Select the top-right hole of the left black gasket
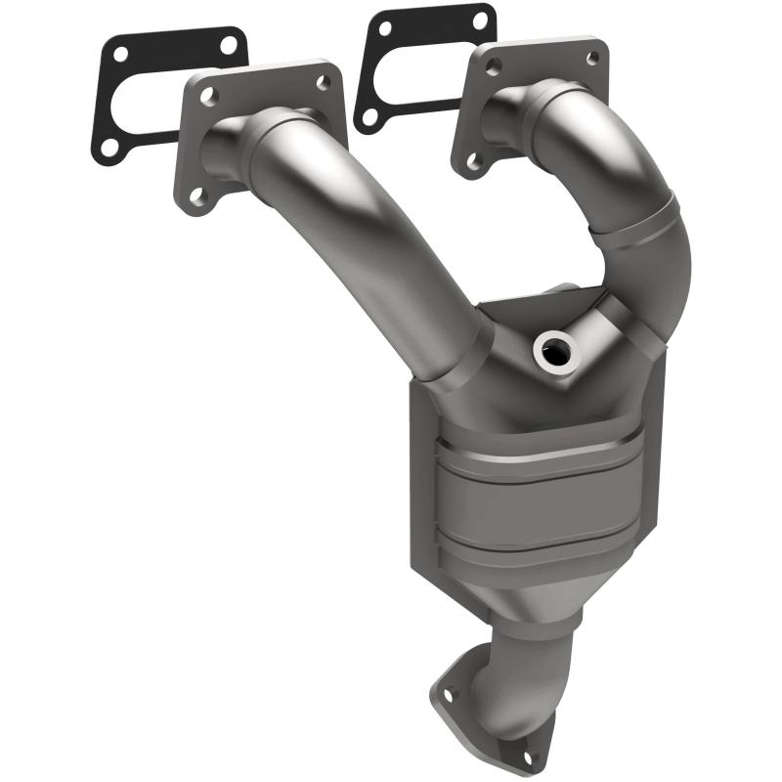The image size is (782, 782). pos(228,44)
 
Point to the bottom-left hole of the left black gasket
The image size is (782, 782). pos(109,147)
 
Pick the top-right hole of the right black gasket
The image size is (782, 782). pos(480,19)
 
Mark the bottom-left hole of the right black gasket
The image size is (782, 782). pos(369,115)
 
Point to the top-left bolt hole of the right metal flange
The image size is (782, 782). pos(493,65)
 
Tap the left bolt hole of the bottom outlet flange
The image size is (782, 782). pos(448,694)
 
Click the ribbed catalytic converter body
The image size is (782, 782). pos(533,508)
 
